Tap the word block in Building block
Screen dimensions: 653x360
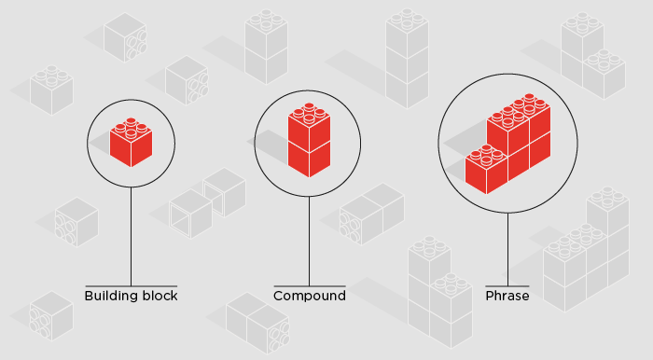pos(160,296)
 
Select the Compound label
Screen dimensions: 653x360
pos(310,296)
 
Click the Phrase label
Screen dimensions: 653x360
pos(507,296)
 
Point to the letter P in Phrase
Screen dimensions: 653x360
pos(489,296)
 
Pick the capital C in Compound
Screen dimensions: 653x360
pos(278,296)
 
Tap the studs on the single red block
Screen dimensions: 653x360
pos(131,124)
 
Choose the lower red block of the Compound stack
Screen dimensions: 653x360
pos(309,158)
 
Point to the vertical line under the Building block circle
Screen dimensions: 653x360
pos(131,233)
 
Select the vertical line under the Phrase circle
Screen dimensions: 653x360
pos(507,247)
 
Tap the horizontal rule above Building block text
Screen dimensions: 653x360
pos(131,285)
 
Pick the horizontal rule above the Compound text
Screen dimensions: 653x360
pos(309,285)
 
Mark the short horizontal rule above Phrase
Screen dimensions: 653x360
pos(507,285)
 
